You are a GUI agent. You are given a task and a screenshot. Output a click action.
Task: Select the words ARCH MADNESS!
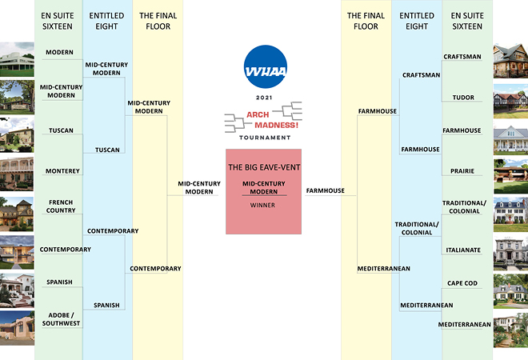[x=263, y=121]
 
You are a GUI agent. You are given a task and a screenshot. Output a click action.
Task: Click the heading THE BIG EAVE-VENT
[x=263, y=168]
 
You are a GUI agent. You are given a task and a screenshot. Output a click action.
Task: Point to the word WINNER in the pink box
[x=263, y=203]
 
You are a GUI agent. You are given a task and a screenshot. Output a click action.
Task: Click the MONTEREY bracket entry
[x=62, y=170]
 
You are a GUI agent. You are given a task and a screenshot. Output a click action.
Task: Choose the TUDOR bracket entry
[x=463, y=98]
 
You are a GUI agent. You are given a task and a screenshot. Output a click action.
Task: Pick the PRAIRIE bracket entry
[x=463, y=170]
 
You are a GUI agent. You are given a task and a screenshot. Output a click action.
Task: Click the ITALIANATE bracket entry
[x=463, y=250]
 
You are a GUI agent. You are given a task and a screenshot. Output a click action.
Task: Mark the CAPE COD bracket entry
[x=463, y=284]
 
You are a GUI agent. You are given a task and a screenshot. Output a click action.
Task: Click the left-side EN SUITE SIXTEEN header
[x=58, y=21]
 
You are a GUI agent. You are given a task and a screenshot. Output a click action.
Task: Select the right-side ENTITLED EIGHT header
[x=416, y=21]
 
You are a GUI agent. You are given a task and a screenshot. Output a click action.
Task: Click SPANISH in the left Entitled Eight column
[x=106, y=305]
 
